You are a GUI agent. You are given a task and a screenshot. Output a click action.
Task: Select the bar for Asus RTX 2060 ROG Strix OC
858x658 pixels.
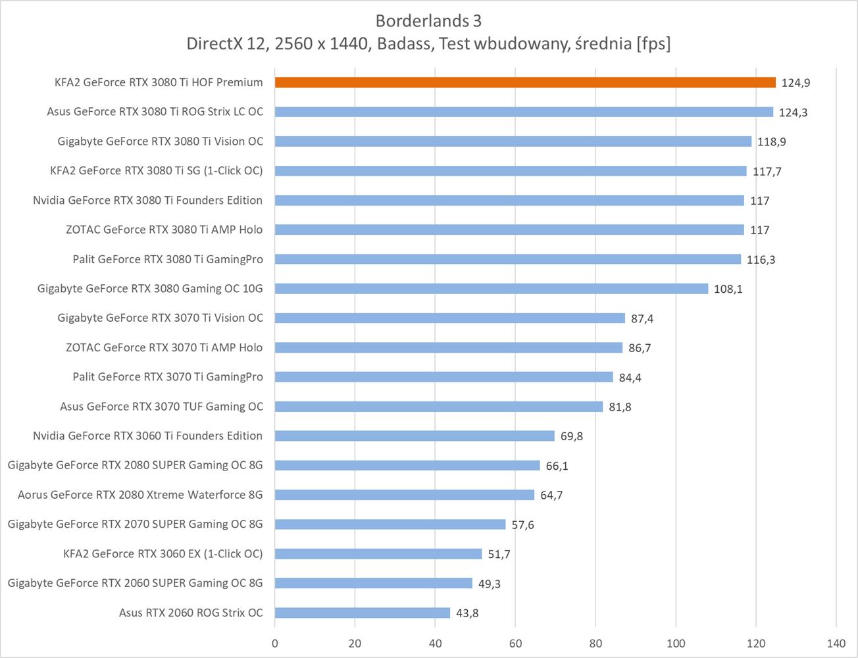[363, 613]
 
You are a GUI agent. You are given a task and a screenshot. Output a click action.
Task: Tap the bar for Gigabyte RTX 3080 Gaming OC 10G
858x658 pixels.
[492, 288]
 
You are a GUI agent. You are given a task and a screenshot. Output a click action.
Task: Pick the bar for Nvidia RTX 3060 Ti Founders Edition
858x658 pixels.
[415, 436]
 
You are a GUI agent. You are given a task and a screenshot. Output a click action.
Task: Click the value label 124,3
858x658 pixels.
[793, 113]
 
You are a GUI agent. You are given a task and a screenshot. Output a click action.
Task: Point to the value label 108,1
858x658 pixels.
[728, 289]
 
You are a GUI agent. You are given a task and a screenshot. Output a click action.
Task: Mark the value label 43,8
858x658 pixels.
[467, 613]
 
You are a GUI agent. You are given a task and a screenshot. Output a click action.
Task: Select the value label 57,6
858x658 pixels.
[522, 525]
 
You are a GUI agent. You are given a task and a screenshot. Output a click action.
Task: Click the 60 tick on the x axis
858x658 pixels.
[515, 643]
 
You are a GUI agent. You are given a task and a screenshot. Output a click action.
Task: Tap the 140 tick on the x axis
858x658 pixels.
[836, 643]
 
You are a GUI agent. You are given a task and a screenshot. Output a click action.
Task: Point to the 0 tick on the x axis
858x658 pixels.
[275, 643]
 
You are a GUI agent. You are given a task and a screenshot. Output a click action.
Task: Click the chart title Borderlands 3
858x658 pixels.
[428, 21]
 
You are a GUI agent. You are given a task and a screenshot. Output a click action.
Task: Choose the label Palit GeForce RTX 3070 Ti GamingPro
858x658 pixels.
[168, 377]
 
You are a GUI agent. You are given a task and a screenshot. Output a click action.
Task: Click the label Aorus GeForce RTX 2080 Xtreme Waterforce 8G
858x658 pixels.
[140, 495]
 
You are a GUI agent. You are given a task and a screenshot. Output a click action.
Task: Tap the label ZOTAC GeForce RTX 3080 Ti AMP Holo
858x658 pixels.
[164, 230]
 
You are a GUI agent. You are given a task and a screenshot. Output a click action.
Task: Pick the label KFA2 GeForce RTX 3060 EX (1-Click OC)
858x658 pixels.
[163, 553]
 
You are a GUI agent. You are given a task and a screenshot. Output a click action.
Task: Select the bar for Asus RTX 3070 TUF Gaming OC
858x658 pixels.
[439, 407]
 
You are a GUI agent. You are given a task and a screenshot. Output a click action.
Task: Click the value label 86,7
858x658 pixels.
[640, 348]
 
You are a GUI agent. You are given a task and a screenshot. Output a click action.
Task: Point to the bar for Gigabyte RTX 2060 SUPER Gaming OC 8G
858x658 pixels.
[374, 583]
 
